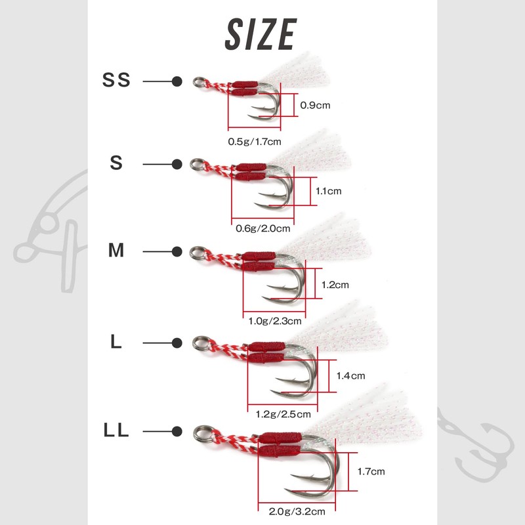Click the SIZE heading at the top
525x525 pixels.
pos(261,34)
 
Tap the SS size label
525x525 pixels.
pos(116,80)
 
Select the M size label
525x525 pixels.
pos(116,250)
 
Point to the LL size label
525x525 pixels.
pos(116,430)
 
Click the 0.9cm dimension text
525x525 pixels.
pos(315,105)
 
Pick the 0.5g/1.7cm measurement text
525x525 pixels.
pos(255,142)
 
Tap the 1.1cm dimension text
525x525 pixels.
pos(329,191)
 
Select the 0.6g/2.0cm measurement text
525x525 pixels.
pos(263,228)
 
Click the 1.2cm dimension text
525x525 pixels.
pos(335,285)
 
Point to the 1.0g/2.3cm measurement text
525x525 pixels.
pos(275,322)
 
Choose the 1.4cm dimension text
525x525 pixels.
pos(350,376)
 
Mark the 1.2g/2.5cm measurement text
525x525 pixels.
pos(283,415)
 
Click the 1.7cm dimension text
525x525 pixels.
pos(371,472)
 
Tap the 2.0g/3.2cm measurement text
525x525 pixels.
pos(297,512)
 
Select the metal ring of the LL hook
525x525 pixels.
pos(195,434)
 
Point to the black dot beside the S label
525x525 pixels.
pos(177,165)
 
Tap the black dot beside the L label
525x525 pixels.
pos(177,343)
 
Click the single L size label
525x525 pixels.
pos(116,342)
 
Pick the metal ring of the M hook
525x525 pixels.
pos(192,253)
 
